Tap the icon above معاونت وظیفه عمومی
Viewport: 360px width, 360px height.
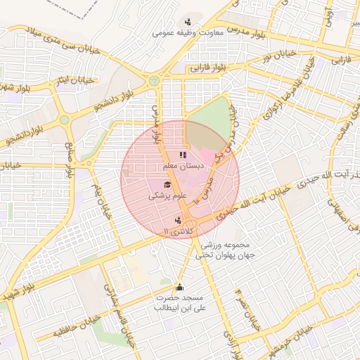point(188,22)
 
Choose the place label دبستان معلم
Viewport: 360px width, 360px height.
point(184,166)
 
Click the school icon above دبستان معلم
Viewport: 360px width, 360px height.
point(182,155)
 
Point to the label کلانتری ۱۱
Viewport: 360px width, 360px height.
point(176,231)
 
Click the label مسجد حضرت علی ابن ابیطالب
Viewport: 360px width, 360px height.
point(179,303)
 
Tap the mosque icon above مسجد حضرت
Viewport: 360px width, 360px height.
point(179,287)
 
